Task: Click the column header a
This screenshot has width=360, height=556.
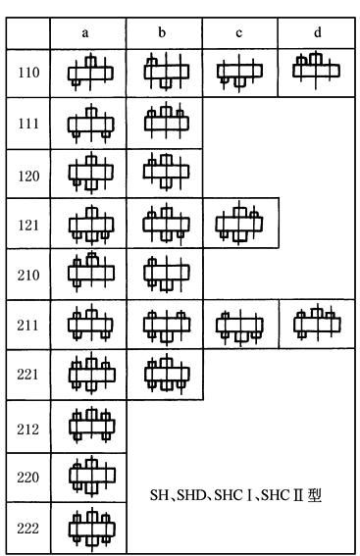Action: [90, 31]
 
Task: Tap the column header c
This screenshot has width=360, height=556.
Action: [239, 31]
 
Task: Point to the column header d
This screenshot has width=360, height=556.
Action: [316, 31]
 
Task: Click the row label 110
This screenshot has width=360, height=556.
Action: [29, 73]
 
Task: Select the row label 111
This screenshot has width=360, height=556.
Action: [29, 123]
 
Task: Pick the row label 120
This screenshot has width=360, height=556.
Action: [29, 174]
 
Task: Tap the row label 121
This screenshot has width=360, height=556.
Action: [29, 224]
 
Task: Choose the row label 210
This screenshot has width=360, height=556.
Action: [29, 274]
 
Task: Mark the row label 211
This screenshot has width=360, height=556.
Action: [29, 325]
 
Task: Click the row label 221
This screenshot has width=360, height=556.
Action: [29, 376]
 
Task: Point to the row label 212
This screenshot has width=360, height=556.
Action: [29, 427]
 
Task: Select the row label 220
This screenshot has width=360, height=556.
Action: [29, 478]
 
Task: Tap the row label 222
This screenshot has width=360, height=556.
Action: [29, 529]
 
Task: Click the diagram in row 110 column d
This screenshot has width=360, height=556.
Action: [316, 68]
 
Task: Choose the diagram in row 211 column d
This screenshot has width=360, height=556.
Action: [316, 323]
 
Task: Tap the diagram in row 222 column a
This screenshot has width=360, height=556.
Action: [90, 529]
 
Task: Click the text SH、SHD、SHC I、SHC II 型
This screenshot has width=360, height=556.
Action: [235, 496]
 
